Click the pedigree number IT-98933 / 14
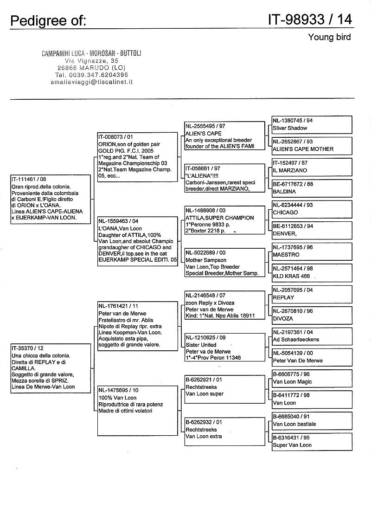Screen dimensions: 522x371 (310, 19)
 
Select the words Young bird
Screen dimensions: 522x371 (329, 38)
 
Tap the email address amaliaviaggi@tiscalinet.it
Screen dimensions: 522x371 (92, 81)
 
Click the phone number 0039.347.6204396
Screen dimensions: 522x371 (98, 74)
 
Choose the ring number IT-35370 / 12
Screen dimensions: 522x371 (27, 348)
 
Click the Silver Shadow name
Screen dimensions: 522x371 (290, 128)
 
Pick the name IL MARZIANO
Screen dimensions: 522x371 (290, 170)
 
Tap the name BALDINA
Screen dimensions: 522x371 (284, 192)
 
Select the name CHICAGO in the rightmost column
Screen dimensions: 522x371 (285, 213)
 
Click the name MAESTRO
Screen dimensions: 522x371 (286, 255)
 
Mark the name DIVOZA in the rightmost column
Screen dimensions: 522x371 (283, 319)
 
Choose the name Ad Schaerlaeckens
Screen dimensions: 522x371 (296, 340)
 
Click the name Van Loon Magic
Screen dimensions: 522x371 (292, 382)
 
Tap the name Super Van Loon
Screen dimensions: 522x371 (292, 445)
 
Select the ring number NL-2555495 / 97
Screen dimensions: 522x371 (205, 126)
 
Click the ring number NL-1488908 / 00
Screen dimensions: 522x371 (205, 211)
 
